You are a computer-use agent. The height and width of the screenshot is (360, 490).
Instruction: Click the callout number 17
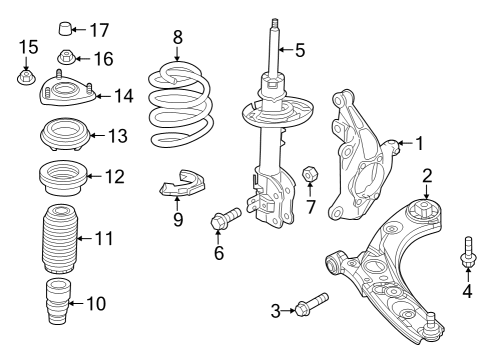pos(100,30)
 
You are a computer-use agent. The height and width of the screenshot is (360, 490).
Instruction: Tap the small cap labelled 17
pos(65,28)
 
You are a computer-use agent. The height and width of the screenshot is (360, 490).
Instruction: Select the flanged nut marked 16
pos(66,57)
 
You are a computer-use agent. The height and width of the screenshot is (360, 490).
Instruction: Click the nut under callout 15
pos(26,78)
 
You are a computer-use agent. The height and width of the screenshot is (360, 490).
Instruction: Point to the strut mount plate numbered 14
pos(68,90)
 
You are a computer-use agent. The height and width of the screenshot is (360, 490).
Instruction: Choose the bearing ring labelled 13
pos(65,133)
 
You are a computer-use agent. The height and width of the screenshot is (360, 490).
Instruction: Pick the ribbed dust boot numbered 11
pos(60,239)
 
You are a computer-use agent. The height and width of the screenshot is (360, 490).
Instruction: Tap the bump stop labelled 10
pos(58,301)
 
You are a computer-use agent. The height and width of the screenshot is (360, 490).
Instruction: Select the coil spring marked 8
pos(179,104)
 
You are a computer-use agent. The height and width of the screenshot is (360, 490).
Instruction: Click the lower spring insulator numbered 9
pos(182,183)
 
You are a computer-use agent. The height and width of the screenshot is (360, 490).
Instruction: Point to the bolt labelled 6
pos(226,217)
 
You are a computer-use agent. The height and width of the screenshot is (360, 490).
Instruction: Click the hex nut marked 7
pos(310,173)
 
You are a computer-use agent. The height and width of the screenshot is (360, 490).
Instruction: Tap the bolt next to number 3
pos(312,304)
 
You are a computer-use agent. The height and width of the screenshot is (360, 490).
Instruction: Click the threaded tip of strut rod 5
pos(275,23)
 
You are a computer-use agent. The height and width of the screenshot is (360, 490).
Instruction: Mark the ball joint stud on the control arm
pos(431,322)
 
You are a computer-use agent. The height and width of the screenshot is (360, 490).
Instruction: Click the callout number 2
pos(427,176)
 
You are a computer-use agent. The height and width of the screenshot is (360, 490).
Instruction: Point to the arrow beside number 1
pos(405,143)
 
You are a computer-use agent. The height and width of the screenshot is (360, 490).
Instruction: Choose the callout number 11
pos(103,239)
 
